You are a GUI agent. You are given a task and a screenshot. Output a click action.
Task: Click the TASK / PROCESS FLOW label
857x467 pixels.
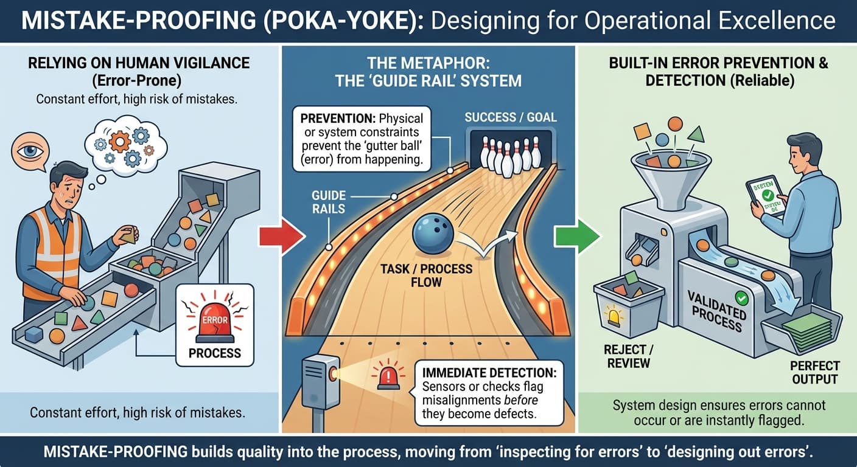click(x=425, y=275)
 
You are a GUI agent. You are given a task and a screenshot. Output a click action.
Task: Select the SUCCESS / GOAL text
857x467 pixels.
click(x=511, y=117)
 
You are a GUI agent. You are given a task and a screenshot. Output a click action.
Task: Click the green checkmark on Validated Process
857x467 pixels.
click(x=741, y=298)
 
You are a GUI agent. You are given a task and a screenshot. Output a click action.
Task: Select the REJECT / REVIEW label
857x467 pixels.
click(x=628, y=356)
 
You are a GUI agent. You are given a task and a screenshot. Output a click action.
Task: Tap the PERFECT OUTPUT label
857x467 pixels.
click(x=814, y=372)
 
